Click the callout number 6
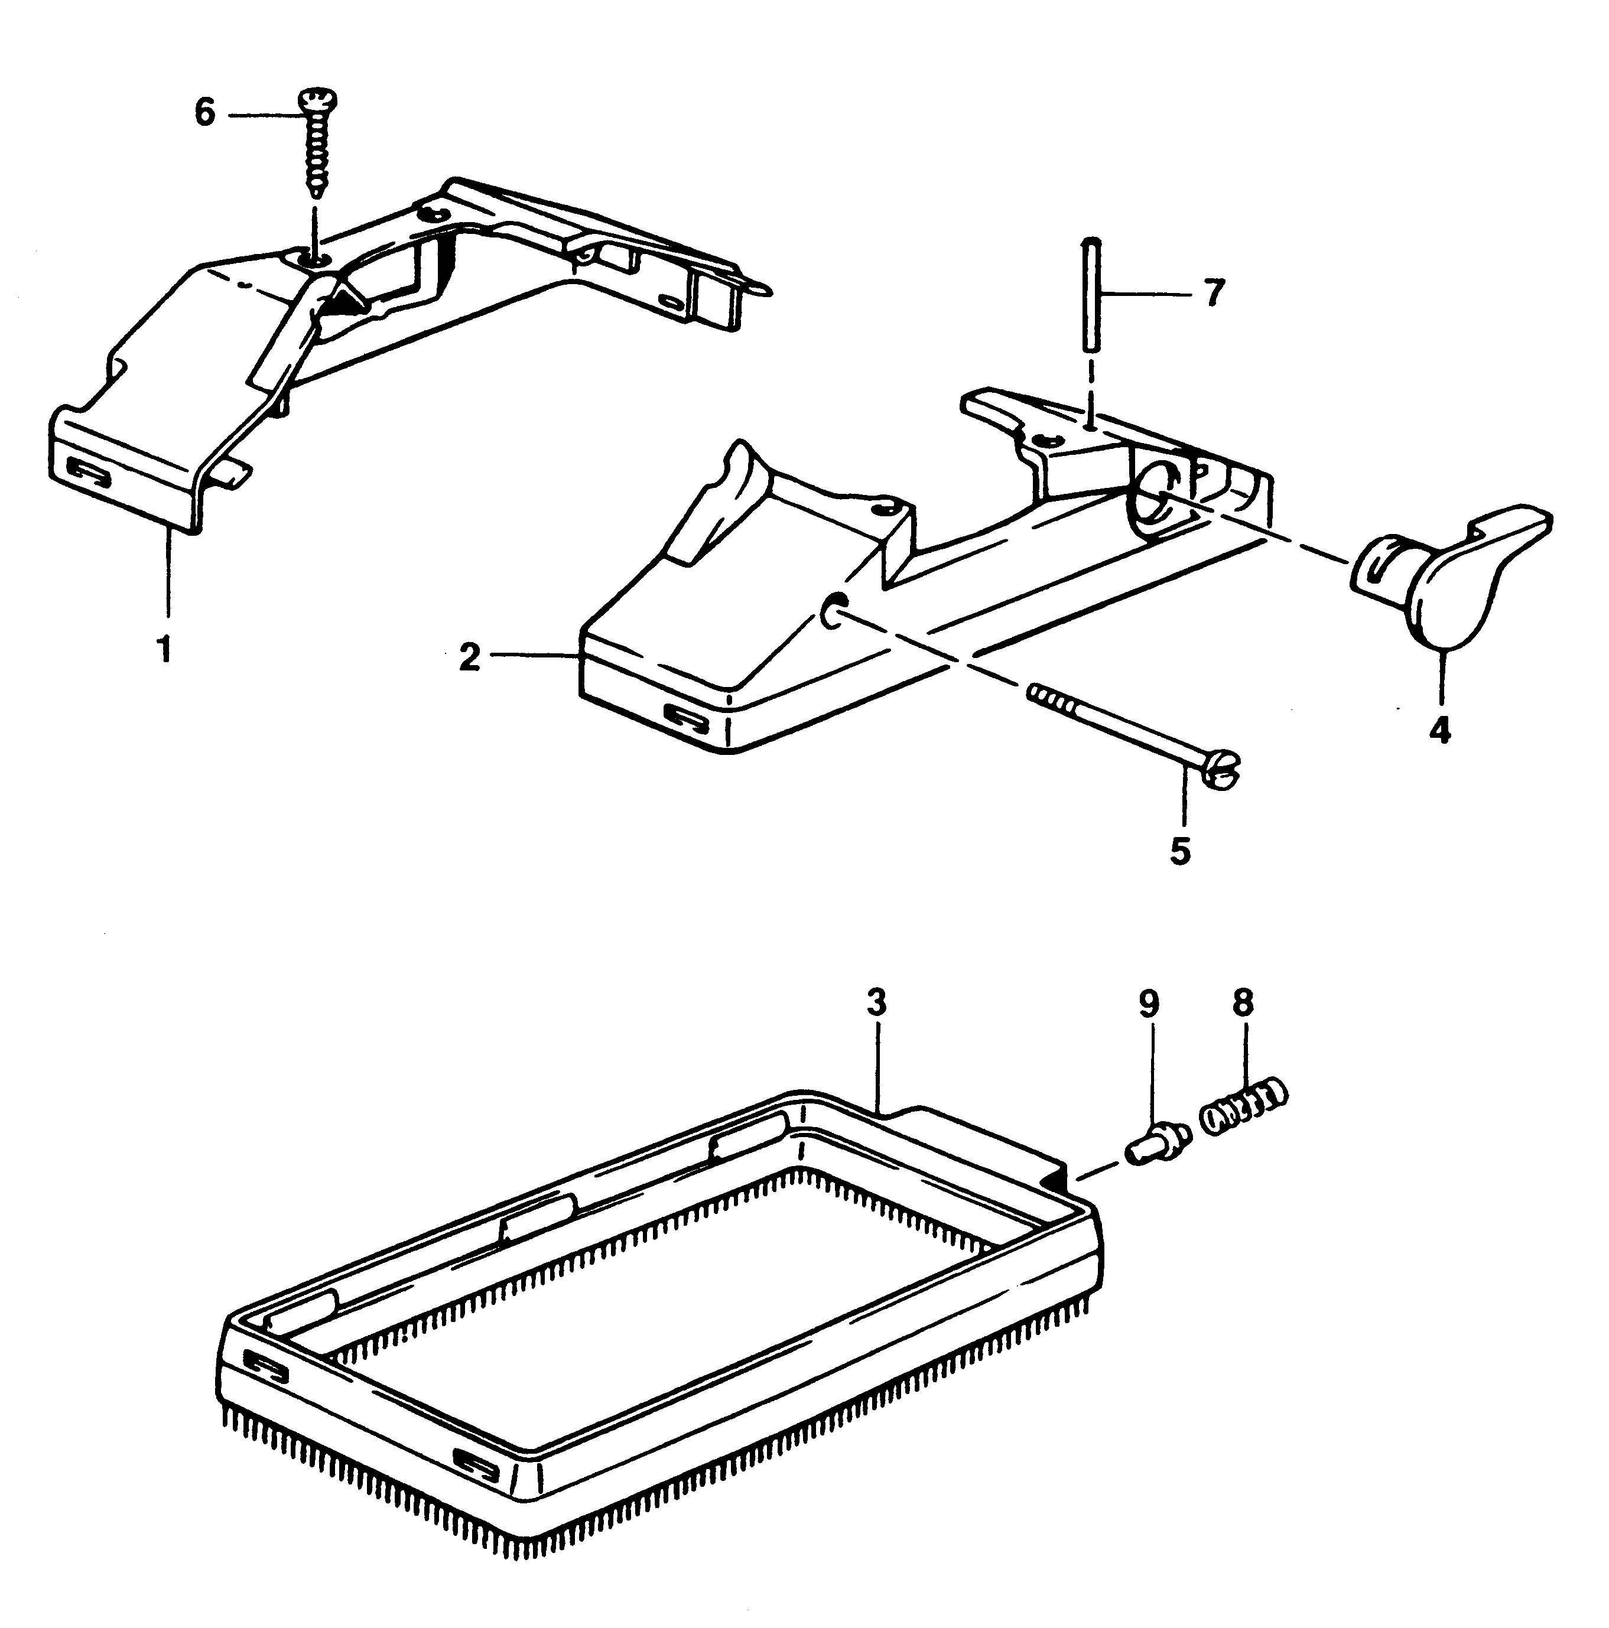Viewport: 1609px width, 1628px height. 205,112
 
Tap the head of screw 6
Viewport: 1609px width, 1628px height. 317,101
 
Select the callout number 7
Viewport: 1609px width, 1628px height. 1212,294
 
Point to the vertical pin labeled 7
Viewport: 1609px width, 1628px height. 1090,294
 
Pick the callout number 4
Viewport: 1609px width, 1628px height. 1439,728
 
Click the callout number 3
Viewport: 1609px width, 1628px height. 876,1003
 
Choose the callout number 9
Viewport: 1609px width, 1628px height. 1149,1003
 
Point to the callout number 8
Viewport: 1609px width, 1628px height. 1243,1003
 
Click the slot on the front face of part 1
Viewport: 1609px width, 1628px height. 89,472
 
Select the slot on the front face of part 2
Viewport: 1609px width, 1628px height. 687,715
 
